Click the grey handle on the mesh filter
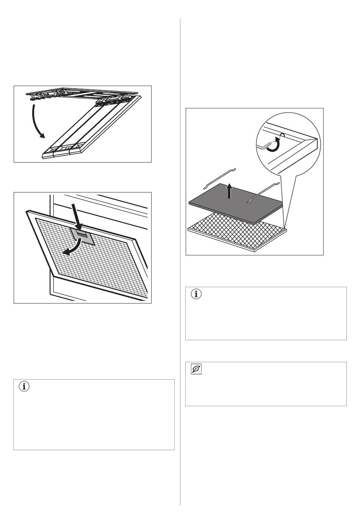82,236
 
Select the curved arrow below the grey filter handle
72,248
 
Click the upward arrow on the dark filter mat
229,191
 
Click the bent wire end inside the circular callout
264,145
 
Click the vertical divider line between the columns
180,265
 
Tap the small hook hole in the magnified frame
282,135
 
